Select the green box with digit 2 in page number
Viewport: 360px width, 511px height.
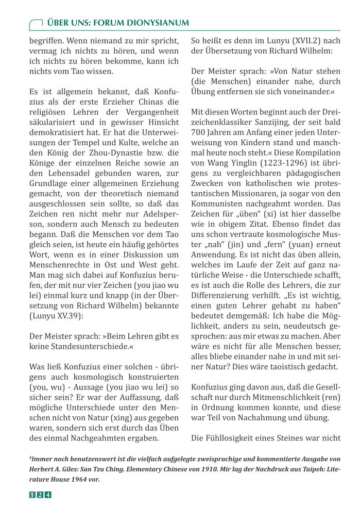point(40,496)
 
